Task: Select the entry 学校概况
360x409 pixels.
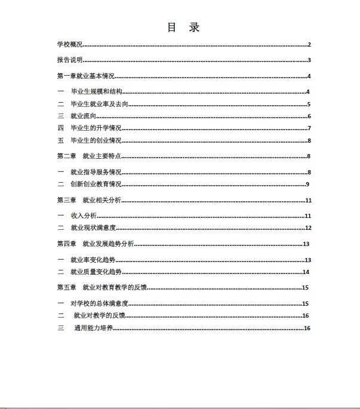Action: [70, 45]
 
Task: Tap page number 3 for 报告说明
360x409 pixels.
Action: [309, 60]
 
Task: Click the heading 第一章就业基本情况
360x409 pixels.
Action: [85, 76]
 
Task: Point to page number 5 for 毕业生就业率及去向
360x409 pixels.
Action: [309, 104]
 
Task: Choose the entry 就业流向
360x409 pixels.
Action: [84, 116]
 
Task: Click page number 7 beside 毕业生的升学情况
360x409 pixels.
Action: [309, 128]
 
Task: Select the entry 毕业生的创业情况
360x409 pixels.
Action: [96, 141]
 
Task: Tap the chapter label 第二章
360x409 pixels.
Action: [66, 156]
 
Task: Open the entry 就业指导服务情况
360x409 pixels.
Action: [96, 173]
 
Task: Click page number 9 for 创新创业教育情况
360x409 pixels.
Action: [307, 184]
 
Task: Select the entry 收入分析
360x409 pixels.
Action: [83, 216]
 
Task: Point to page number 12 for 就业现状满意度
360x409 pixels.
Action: [308, 228]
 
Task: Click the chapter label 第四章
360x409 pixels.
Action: [66, 244]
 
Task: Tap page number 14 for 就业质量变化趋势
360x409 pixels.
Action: [306, 272]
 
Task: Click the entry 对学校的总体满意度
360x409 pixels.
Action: [100, 304]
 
